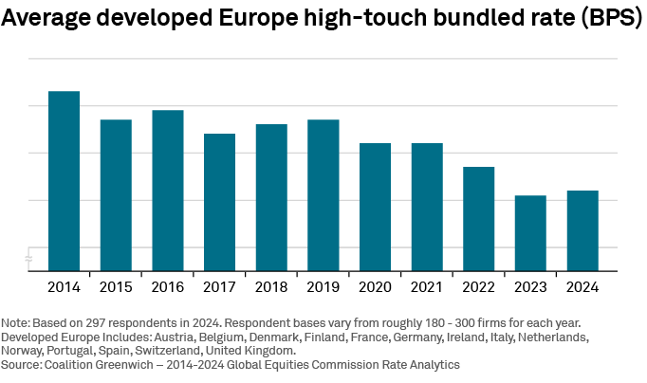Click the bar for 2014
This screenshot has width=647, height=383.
click(64, 180)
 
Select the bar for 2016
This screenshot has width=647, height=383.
click(168, 190)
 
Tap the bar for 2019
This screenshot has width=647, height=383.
click(323, 194)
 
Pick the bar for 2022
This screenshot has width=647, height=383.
click(478, 218)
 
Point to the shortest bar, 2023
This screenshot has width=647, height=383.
click(530, 232)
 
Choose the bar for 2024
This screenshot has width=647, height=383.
click(582, 230)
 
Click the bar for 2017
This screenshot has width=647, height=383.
click(219, 202)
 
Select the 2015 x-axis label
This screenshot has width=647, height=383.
click(116, 285)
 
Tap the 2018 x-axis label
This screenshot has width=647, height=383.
click(271, 285)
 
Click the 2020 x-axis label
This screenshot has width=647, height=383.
click(375, 285)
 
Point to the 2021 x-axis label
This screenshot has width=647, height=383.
click(427, 285)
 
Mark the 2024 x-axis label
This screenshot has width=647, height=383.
click(582, 285)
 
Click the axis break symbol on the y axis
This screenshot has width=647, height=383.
click(28, 258)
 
